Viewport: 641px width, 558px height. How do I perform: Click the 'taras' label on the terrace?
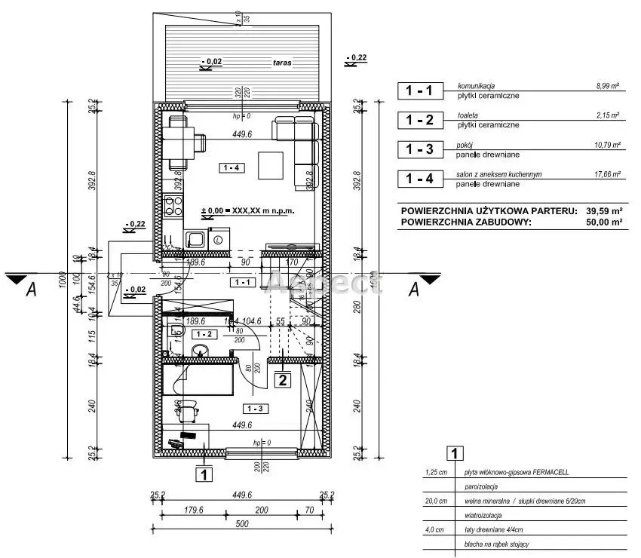point(282,64)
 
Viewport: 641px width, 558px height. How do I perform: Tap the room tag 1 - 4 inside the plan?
point(228,166)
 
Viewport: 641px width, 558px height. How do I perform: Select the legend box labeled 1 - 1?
point(420,91)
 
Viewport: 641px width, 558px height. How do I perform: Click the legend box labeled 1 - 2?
point(420,120)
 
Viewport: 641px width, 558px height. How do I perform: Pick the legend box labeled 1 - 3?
point(420,149)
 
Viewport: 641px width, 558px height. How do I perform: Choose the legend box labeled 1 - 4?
point(420,179)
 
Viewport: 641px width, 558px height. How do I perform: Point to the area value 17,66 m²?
point(606,174)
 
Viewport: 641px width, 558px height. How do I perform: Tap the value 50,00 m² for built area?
point(606,222)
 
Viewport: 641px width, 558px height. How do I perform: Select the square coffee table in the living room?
point(270,165)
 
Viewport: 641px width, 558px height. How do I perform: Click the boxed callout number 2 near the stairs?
point(281,380)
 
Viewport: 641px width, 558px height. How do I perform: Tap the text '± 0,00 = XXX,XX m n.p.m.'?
point(247,212)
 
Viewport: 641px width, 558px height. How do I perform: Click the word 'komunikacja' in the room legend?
point(476,87)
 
